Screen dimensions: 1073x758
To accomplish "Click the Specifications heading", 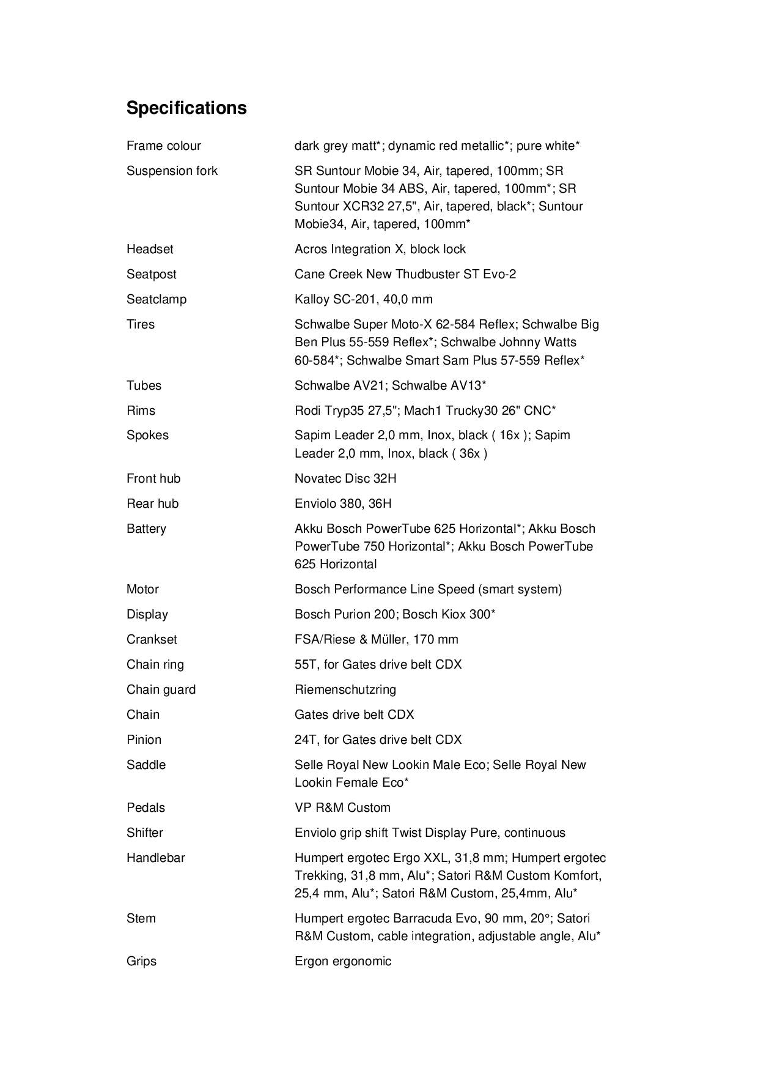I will point(186,108).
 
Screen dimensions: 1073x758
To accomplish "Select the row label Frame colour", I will point(163,146).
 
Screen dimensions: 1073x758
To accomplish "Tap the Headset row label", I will point(150,249).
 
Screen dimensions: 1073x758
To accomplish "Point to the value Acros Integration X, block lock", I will point(380,249).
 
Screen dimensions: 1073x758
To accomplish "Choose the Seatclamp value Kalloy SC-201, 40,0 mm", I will point(363,299).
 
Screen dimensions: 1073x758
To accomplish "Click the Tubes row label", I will point(144,385).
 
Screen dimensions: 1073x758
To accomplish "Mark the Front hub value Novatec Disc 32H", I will point(345,478).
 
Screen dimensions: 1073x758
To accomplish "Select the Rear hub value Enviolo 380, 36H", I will point(343,503).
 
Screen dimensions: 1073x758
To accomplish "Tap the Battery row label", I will point(146,529).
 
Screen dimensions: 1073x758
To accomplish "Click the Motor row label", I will point(142,589).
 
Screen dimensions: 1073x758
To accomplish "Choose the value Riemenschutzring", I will point(345,689).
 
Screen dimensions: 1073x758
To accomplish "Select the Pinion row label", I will point(144,740).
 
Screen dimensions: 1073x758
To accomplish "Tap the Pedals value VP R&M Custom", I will point(342,808).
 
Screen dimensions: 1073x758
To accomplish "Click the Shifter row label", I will point(145,833).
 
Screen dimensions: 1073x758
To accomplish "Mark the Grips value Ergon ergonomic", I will point(342,961).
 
